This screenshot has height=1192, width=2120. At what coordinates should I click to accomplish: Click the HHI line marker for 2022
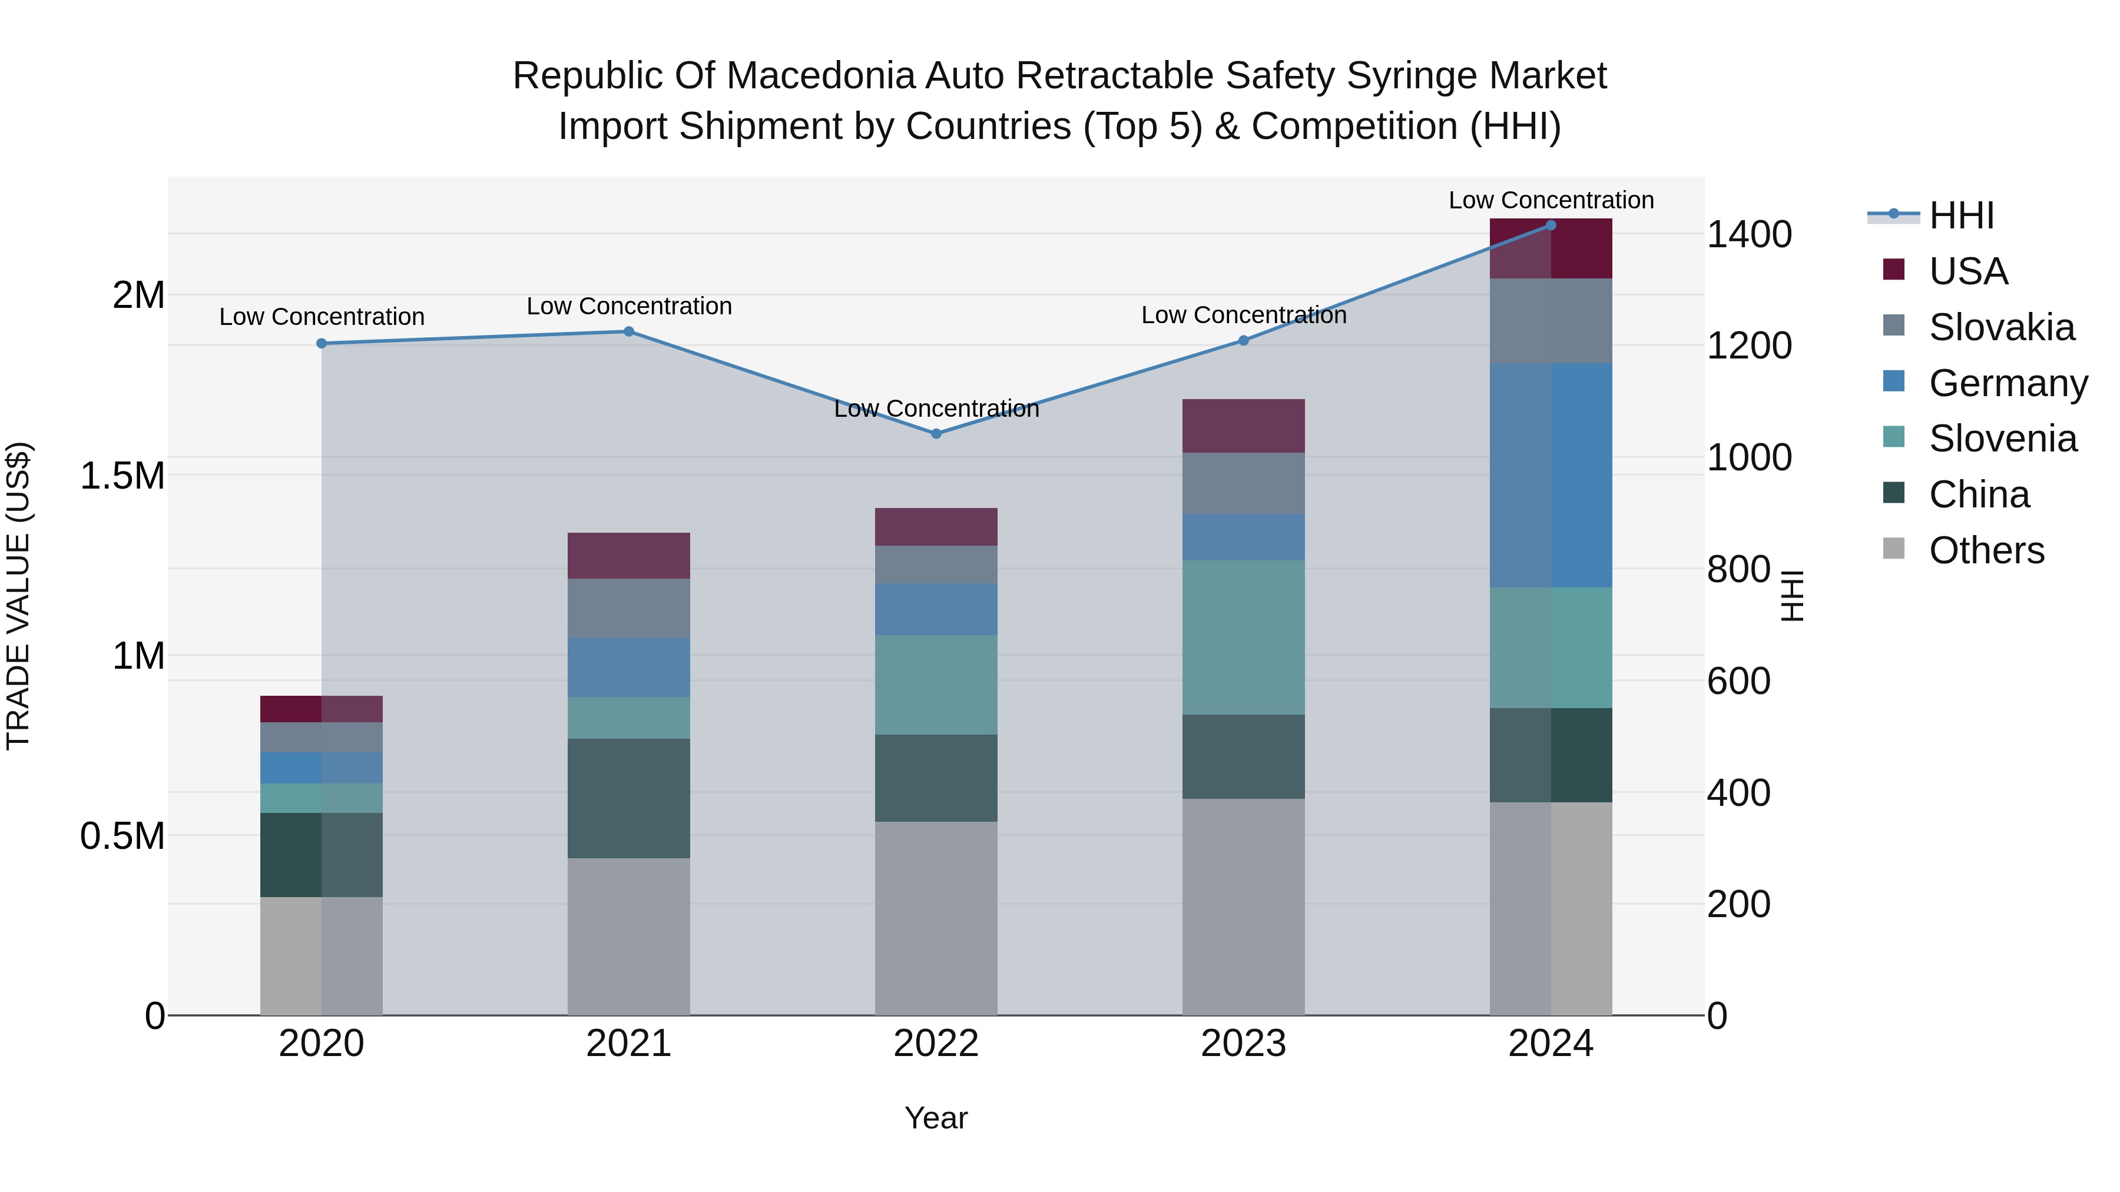click(936, 433)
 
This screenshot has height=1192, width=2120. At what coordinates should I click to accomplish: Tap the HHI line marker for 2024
click(1551, 225)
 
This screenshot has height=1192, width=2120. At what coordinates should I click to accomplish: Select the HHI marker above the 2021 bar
click(629, 331)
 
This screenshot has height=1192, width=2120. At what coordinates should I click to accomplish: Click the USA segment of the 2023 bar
click(1244, 426)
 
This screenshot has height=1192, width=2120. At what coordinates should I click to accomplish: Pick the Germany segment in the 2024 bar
click(1551, 476)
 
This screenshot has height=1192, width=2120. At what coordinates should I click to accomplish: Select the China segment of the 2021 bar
click(629, 798)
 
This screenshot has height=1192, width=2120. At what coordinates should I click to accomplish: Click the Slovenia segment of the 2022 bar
click(936, 685)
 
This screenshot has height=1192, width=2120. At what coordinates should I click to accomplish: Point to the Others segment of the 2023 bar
click(1244, 907)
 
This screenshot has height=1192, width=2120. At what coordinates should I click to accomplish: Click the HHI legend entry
click(1960, 215)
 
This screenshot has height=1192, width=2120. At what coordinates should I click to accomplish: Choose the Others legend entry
click(1986, 550)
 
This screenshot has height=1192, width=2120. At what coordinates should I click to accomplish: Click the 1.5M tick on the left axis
click(122, 476)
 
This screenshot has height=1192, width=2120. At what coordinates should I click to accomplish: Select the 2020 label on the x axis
click(321, 1044)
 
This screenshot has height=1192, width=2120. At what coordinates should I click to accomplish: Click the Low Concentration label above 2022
click(936, 409)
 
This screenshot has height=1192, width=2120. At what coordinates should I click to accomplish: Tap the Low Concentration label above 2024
click(1551, 200)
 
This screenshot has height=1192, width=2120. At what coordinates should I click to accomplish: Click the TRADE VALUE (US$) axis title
click(18, 596)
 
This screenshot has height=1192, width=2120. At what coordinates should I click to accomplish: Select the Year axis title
click(936, 1118)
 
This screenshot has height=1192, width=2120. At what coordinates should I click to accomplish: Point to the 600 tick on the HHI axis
click(1738, 681)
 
